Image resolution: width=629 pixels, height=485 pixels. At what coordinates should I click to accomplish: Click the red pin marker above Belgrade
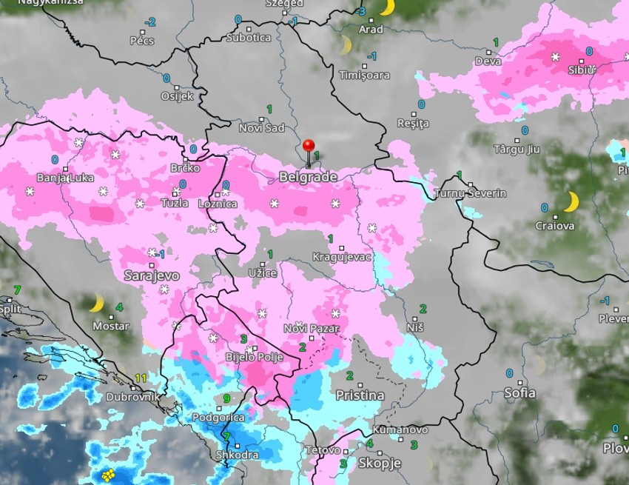point(309,147)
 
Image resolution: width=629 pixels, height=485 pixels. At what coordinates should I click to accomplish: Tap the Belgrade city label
point(308,177)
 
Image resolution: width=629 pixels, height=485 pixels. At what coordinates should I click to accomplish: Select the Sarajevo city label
point(152,275)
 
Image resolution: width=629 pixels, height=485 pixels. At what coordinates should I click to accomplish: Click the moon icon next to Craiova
point(571,201)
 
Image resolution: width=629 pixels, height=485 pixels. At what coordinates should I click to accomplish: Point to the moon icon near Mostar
point(95,304)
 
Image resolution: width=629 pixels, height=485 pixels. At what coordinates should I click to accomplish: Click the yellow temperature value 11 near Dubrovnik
point(141,378)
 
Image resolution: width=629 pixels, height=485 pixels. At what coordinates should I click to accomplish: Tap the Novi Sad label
point(261,128)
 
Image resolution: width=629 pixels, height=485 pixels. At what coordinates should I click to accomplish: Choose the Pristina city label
point(360,395)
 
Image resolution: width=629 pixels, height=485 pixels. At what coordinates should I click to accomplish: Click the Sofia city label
point(519,393)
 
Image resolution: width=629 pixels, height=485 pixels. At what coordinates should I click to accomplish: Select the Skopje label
point(380,463)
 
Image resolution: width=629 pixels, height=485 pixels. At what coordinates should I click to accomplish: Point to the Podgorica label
point(218,418)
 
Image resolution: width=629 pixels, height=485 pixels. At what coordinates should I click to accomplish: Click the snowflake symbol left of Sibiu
point(555,56)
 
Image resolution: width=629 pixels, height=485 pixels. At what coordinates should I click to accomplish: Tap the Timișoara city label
point(364,76)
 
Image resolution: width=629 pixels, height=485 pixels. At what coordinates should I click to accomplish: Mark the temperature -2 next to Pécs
point(151,22)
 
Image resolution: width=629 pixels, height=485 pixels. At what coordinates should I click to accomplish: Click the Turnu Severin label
point(470,193)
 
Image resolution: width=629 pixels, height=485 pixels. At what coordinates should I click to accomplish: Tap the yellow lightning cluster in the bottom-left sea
point(109,475)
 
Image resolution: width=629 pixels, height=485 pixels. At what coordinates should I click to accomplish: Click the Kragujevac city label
point(341,256)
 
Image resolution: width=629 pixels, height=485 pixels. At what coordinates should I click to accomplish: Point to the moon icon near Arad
point(386,7)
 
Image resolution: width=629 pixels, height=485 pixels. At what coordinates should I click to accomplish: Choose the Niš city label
point(415,327)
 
